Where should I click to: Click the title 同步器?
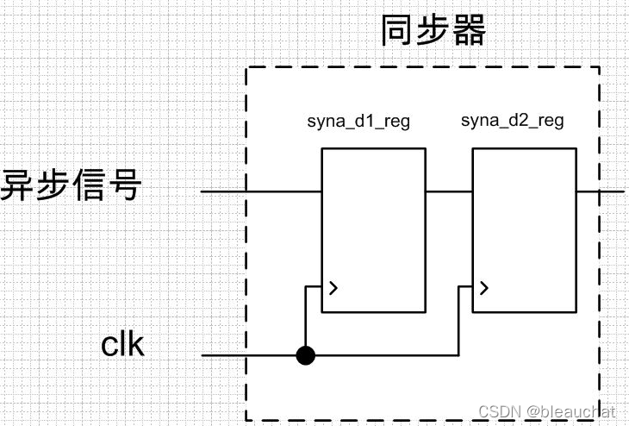[x=433, y=30]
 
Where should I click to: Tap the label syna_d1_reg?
[x=358, y=121]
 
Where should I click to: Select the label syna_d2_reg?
[x=512, y=120]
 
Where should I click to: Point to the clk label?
[x=123, y=345]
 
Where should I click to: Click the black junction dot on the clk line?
[x=305, y=354]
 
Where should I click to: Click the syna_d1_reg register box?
[x=373, y=229]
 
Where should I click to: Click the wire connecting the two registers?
[x=448, y=191]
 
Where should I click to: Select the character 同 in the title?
[x=398, y=30]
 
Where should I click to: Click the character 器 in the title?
[x=469, y=30]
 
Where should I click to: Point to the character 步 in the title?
[x=433, y=30]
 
